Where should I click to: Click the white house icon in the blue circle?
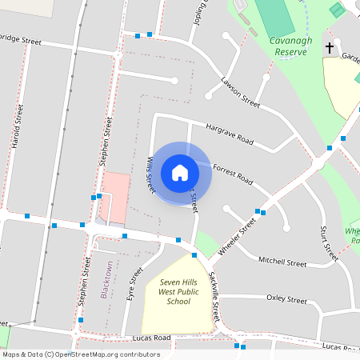click(x=180, y=172)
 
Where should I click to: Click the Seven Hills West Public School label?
click(x=174, y=292)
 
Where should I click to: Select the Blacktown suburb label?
click(x=106, y=279)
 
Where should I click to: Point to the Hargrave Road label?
click(x=229, y=134)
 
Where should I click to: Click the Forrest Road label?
click(x=234, y=174)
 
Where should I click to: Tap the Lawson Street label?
click(x=241, y=92)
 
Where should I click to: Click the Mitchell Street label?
click(x=282, y=262)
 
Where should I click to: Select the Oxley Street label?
click(x=286, y=300)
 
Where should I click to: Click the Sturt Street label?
click(x=330, y=243)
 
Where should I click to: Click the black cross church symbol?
click(x=329, y=49)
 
